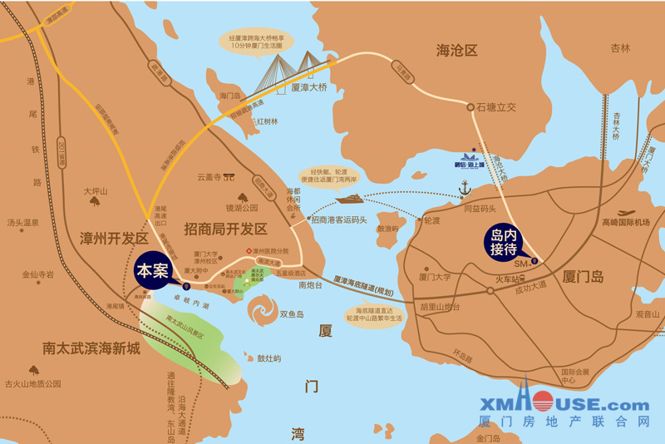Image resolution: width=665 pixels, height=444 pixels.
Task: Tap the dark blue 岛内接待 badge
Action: point(505,242)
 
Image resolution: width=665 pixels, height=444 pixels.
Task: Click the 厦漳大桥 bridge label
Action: point(309,86)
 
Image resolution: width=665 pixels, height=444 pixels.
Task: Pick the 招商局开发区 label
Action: point(225,229)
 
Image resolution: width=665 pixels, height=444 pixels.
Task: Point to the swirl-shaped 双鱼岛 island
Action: point(264,313)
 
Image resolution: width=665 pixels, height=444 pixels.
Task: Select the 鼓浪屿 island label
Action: point(388,229)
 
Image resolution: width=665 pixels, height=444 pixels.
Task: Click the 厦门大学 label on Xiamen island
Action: point(436,277)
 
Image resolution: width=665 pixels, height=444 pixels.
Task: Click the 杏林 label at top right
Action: point(620,47)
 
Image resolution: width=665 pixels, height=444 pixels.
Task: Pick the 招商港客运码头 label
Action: point(339,220)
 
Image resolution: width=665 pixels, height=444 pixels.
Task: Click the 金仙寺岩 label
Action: point(37,274)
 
